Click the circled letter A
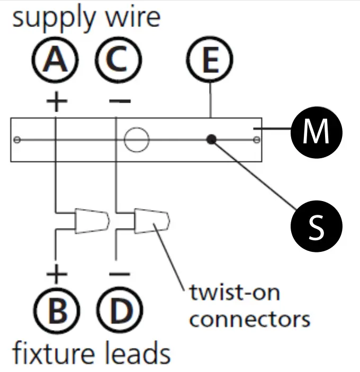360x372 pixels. [x=55, y=60]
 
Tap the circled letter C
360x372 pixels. [x=118, y=60]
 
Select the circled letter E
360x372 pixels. [x=210, y=60]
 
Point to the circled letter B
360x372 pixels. [x=57, y=310]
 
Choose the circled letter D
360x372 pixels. [x=120, y=310]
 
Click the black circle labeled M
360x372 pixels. [x=317, y=132]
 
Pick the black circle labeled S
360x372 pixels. [x=317, y=226]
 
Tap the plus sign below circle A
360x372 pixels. [x=57, y=102]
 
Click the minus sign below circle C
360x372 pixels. [x=120, y=101]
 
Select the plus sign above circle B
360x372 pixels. [x=57, y=274]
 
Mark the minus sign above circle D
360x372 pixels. [x=120, y=274]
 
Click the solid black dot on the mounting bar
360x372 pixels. [x=211, y=140]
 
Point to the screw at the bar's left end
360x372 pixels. [x=16, y=140]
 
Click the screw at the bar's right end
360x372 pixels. [x=257, y=140]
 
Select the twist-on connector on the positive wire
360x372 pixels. [x=92, y=221]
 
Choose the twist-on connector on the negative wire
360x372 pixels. [x=152, y=221]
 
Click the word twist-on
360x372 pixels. [x=235, y=293]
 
